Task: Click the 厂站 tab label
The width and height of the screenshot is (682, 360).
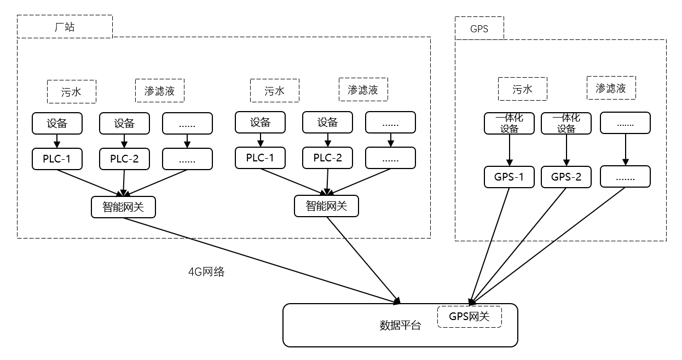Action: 65,27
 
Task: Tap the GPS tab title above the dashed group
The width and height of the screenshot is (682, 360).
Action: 479,28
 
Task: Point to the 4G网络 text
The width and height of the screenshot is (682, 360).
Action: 206,272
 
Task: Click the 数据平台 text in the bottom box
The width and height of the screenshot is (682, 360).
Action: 400,326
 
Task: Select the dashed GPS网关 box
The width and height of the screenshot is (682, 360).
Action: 469,316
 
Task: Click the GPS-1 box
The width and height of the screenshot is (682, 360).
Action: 509,177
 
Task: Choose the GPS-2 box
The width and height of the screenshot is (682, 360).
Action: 566,177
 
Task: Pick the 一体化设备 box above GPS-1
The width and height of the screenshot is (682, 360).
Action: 509,123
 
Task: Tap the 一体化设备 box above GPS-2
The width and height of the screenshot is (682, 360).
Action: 566,123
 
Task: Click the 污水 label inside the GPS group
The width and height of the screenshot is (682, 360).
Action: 522,89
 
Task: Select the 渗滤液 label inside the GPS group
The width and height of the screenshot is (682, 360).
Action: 611,88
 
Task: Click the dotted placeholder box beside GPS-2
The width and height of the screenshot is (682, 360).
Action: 625,177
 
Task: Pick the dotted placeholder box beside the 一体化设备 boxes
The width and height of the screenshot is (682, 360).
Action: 625,123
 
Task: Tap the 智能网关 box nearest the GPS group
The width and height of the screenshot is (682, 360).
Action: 327,206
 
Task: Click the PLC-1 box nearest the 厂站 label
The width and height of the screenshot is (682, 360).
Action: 57,159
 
